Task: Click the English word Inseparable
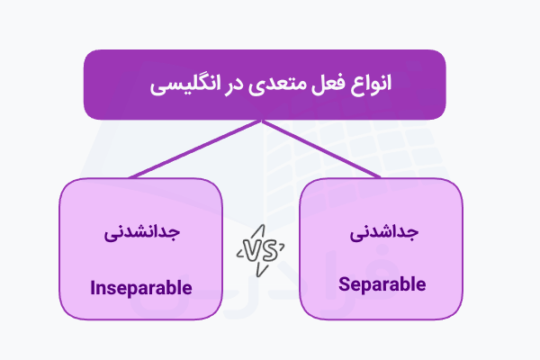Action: coord(141,289)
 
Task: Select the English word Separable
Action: coord(382,284)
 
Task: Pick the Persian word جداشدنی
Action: coord(382,231)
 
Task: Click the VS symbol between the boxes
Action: coord(262,249)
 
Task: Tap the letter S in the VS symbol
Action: coord(270,249)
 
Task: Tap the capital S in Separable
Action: coord(345,284)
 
